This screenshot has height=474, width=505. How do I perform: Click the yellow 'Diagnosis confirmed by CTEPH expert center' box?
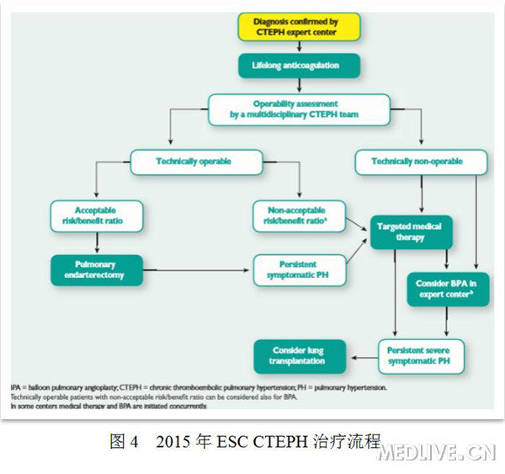298,26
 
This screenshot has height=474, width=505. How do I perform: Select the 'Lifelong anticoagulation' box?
298,66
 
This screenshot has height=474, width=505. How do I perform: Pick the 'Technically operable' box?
194,161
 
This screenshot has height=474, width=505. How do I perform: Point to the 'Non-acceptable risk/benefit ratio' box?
299,216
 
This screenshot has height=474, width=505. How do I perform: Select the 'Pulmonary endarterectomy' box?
94,270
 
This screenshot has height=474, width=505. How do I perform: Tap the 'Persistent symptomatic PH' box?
299,270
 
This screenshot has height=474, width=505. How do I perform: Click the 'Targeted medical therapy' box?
411,232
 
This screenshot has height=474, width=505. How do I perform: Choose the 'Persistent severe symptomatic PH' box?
421,356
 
